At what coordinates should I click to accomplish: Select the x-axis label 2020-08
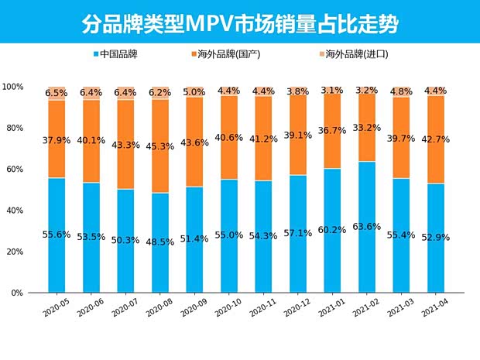pos(159,309)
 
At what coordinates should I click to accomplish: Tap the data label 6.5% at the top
pos(56,93)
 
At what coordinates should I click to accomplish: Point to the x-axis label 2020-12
pos(297,309)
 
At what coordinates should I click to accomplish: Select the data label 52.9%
pos(436,237)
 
